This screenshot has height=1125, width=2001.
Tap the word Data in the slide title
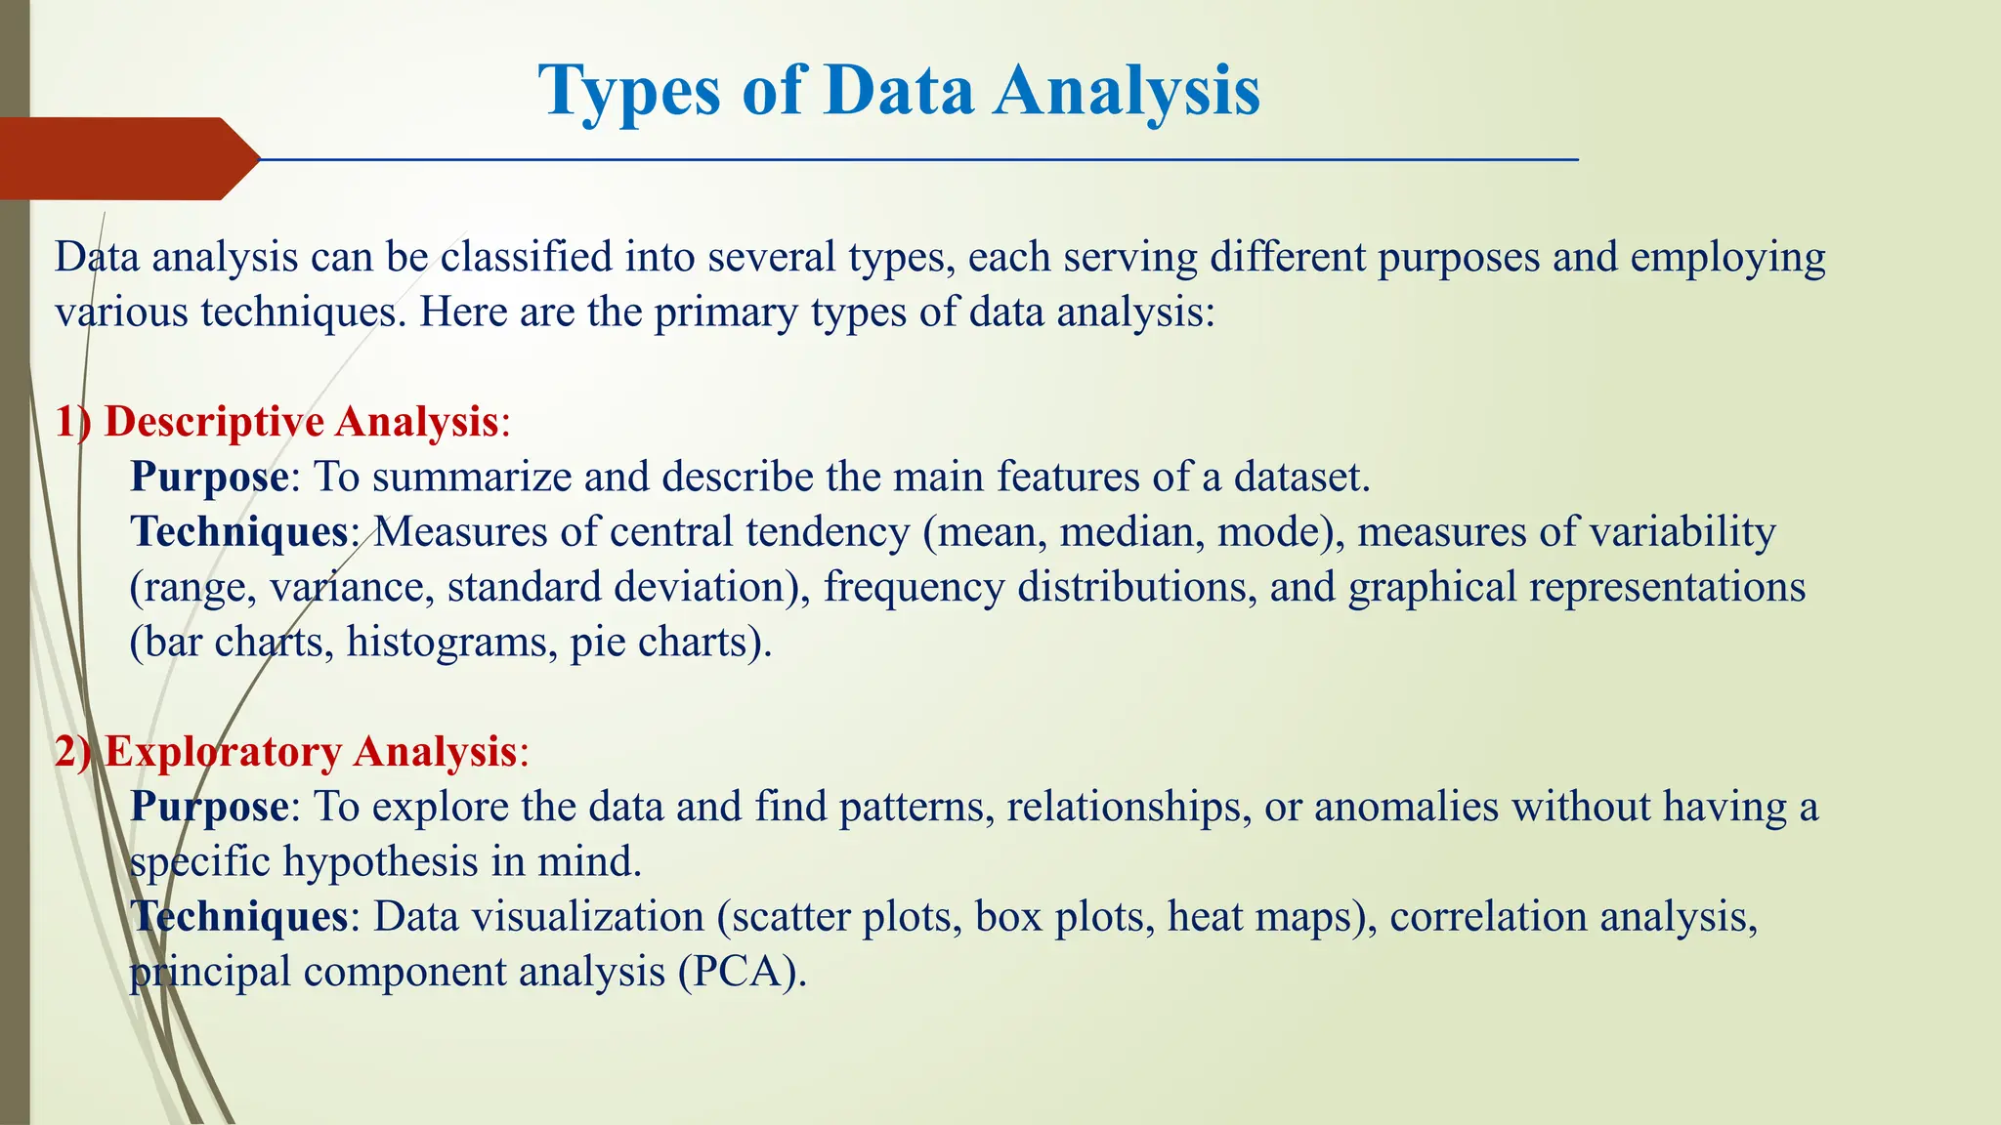[x=898, y=92]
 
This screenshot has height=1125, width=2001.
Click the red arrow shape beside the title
[x=127, y=158]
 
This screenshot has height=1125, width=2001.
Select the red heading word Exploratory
[x=223, y=752]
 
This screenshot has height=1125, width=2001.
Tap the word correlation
[x=1488, y=917]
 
